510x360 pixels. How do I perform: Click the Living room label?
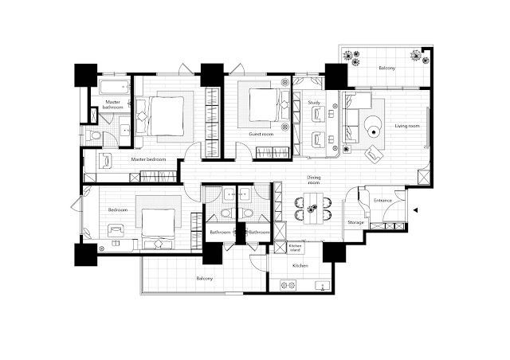point(407,126)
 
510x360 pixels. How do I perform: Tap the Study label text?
point(314,103)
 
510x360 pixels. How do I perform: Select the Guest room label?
point(261,134)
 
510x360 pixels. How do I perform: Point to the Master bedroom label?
point(148,159)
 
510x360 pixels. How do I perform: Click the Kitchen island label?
point(295,248)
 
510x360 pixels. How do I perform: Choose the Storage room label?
point(355,222)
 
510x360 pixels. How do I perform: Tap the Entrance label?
point(382,201)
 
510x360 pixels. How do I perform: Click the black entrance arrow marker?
point(415,210)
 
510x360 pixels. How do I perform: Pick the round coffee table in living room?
point(373,129)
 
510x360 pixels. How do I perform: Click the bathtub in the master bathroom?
point(115,87)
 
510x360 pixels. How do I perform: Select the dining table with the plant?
point(313,209)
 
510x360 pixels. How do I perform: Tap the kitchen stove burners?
point(288,285)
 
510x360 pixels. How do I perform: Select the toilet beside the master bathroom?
point(94,135)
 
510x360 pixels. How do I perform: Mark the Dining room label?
point(314,180)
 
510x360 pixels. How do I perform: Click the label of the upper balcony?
point(387,68)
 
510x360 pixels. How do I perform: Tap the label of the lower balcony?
point(205,279)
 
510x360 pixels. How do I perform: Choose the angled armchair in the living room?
point(374,155)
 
